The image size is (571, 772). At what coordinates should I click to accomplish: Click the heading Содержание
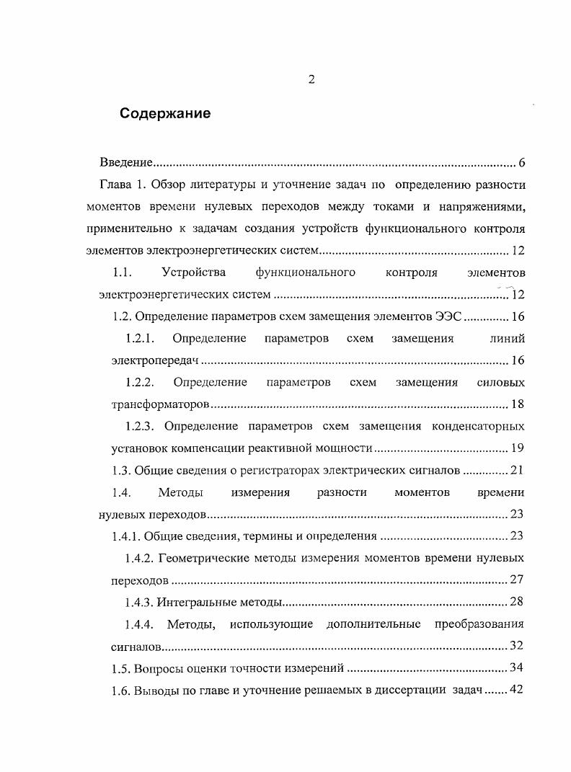click(x=165, y=113)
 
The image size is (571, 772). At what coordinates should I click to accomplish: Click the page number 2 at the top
click(x=311, y=80)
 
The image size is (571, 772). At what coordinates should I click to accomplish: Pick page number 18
click(x=517, y=404)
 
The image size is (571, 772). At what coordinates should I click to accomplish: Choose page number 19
click(x=517, y=448)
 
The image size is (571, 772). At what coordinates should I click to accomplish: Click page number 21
click(x=517, y=471)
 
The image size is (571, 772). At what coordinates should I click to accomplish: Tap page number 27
click(x=517, y=580)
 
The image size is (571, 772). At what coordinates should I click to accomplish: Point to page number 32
click(x=517, y=646)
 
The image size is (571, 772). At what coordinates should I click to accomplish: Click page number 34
click(x=517, y=668)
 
